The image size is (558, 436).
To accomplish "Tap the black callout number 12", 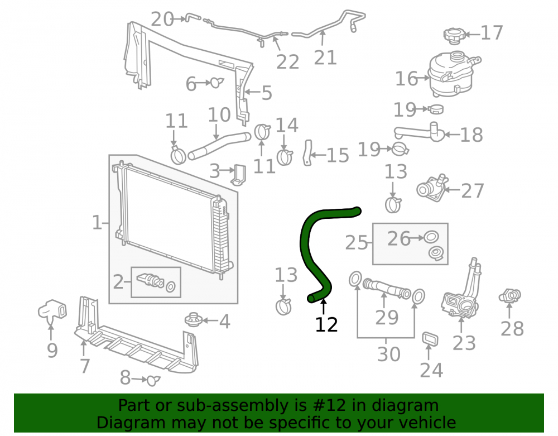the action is pyautogui.click(x=326, y=324).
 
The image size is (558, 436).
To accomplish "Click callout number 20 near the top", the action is pyautogui.click(x=162, y=19).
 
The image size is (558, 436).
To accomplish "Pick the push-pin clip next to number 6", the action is pyautogui.click(x=217, y=83).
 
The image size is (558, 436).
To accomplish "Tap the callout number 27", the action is pyautogui.click(x=473, y=191).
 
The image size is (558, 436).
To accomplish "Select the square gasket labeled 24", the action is pyautogui.click(x=430, y=339).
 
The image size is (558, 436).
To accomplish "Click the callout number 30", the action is pyautogui.click(x=388, y=354).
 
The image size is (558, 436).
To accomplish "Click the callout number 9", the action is pyautogui.click(x=52, y=351).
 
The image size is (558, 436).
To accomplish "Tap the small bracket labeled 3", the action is pyautogui.click(x=239, y=175).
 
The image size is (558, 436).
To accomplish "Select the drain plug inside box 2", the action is pyautogui.click(x=151, y=280).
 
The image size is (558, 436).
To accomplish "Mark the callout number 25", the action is pyautogui.click(x=356, y=243).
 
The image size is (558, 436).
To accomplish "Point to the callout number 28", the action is pyautogui.click(x=512, y=328).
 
